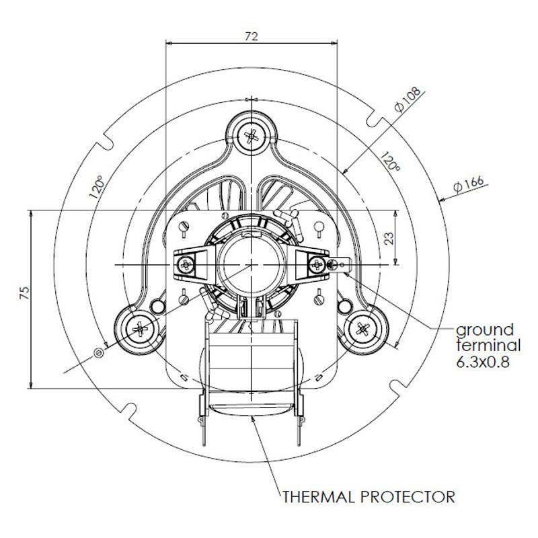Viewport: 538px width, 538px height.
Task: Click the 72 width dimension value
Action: click(252, 36)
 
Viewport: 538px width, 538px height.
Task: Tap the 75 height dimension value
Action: click(24, 293)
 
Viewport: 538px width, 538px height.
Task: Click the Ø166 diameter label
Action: click(469, 185)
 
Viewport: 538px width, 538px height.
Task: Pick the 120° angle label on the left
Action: click(97, 188)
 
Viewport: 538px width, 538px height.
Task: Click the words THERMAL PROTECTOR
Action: click(369, 498)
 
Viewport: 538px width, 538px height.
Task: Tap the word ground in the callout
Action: click(485, 330)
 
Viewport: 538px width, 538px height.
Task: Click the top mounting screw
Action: click(252, 137)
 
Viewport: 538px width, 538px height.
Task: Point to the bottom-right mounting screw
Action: click(362, 329)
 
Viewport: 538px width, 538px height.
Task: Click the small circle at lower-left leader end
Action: click(100, 352)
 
